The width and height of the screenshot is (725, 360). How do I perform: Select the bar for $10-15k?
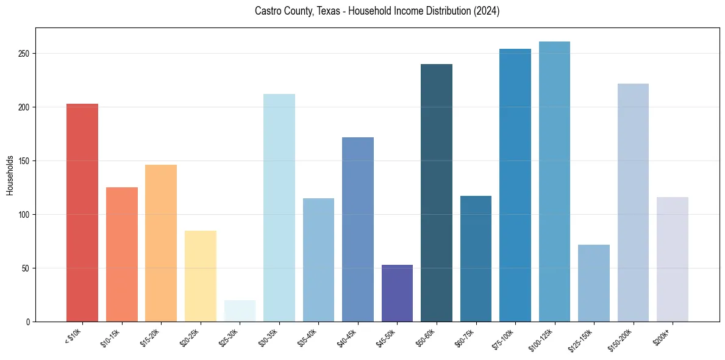point(121,254)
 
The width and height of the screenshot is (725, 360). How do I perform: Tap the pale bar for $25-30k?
point(240,311)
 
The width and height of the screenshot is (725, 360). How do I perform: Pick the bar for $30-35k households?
point(279,207)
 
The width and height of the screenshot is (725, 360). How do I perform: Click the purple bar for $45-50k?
point(397,293)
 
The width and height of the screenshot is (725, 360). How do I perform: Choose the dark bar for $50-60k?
point(437,193)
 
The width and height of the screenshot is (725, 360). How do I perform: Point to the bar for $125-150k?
point(594,283)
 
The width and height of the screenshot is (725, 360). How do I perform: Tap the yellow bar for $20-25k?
point(200,276)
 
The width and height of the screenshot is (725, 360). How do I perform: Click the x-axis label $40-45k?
point(347,337)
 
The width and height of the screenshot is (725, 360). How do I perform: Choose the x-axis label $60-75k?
point(465,337)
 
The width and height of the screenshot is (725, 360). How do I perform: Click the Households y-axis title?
point(10,175)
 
